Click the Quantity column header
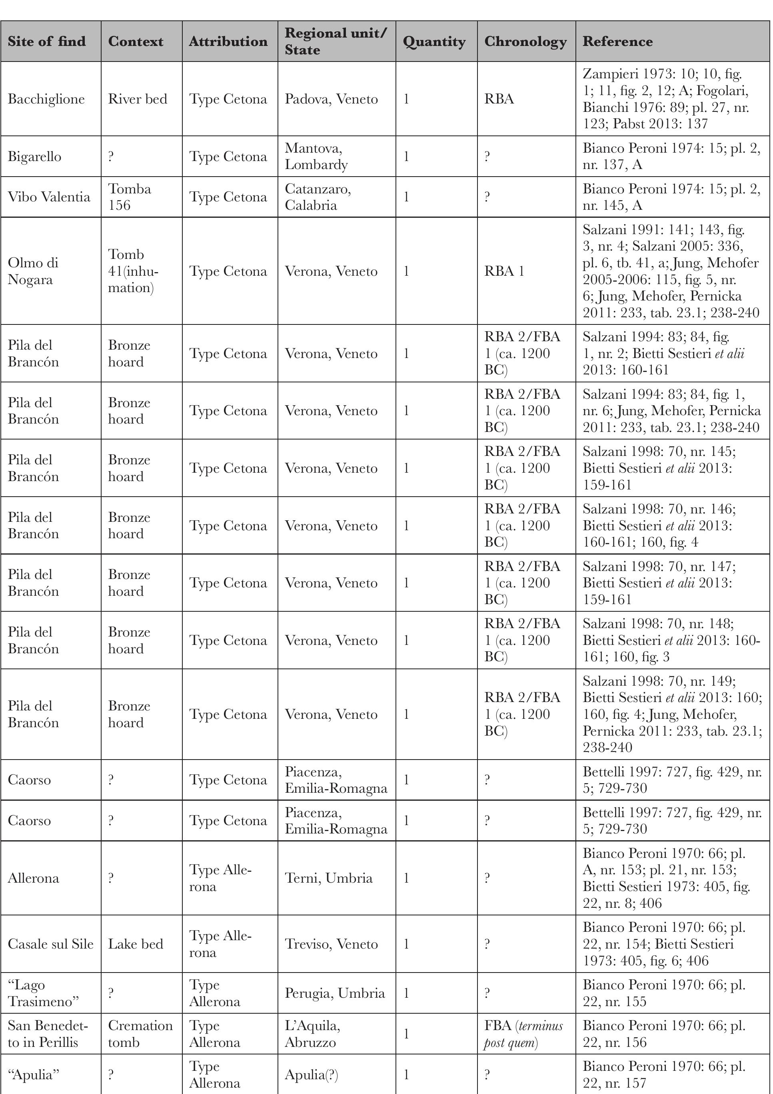point(434,42)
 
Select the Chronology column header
point(525,42)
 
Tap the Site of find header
point(47,42)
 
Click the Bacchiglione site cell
point(46,99)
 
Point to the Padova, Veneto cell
point(331,99)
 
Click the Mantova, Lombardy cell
point(316,156)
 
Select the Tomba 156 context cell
point(129,197)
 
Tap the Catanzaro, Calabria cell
point(318,197)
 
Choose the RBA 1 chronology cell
point(504,271)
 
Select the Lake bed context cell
point(136,944)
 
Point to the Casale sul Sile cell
point(50,944)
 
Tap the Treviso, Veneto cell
point(331,944)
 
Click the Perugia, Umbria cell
point(334,993)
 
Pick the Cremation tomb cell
point(140,1034)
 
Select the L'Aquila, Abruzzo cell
point(312,1034)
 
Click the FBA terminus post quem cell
point(523,1034)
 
